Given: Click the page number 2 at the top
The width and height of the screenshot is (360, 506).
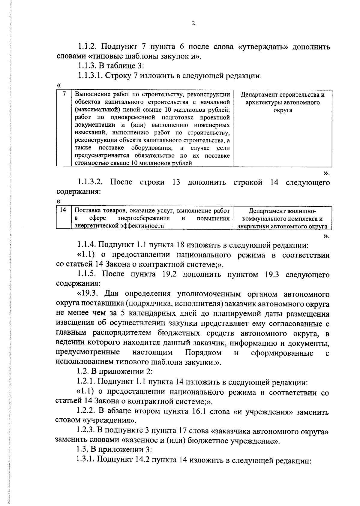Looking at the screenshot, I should click(193, 24).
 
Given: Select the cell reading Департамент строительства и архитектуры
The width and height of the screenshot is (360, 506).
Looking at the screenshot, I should click(282, 102).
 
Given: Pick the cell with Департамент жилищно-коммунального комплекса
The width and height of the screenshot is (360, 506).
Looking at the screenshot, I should click(282, 218).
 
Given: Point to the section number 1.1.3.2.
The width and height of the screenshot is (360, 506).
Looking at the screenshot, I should click(91, 182).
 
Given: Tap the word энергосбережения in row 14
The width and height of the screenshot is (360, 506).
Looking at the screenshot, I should click(143, 218).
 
